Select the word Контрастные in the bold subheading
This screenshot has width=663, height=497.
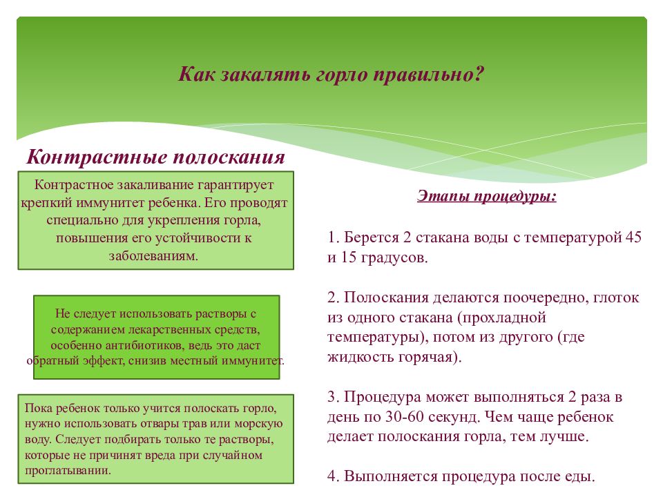[94, 157]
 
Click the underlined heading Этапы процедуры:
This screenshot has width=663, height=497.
[487, 197]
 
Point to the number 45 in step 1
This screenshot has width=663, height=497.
[633, 237]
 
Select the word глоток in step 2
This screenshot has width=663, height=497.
[615, 298]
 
